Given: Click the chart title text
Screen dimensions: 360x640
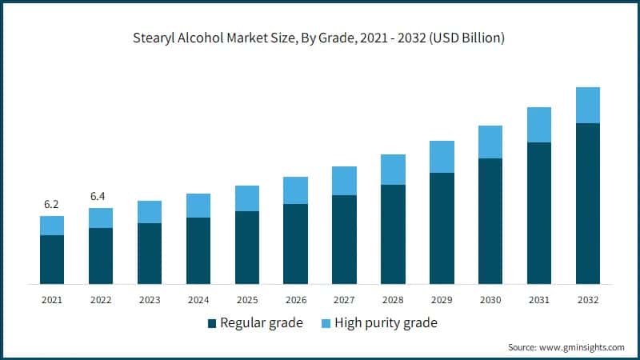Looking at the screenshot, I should (x=320, y=38).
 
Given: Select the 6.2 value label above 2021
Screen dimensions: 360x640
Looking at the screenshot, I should (x=52, y=204).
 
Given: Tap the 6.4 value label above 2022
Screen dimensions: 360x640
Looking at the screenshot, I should (x=100, y=196).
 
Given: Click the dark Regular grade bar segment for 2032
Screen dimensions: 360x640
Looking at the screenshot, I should (x=588, y=203).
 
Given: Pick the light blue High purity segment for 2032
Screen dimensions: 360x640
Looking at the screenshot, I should (x=588, y=105).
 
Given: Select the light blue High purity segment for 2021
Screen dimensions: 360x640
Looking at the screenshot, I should (x=52, y=226).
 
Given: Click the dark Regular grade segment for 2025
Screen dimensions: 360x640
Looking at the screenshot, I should (x=246, y=247).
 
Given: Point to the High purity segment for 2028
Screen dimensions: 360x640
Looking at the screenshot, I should (x=393, y=170).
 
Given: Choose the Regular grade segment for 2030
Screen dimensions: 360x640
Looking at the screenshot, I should (x=490, y=221).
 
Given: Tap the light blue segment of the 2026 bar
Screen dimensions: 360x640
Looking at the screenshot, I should (x=295, y=190).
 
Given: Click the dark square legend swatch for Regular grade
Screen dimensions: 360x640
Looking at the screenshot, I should (x=211, y=323).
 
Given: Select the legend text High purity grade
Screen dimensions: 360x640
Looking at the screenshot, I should (x=386, y=323).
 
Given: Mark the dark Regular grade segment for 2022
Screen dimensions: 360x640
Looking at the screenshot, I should (x=100, y=256).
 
